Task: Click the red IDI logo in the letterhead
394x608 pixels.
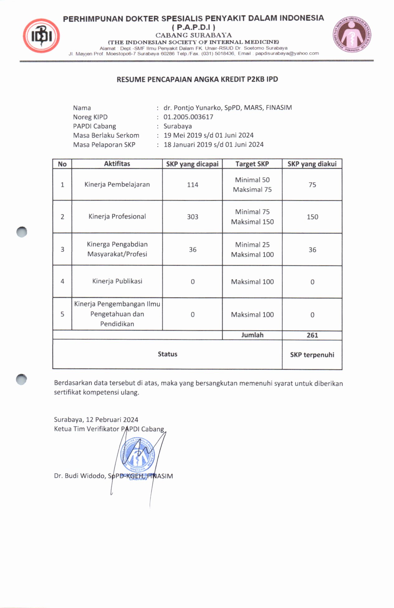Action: point(41,36)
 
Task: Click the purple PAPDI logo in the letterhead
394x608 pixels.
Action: point(352,34)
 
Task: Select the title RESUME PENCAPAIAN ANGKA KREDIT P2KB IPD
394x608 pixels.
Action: point(197,79)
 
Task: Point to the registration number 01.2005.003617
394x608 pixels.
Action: point(188,117)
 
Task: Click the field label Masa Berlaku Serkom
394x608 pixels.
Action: point(106,135)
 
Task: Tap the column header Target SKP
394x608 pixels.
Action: point(252,164)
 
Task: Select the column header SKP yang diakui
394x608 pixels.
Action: point(312,164)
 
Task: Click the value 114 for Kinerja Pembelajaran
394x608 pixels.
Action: point(192,185)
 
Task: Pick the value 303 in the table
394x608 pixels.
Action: point(192,217)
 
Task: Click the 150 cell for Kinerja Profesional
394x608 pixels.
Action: point(312,217)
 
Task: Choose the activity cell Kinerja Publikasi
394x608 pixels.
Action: point(117,281)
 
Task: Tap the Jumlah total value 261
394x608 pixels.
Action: point(312,335)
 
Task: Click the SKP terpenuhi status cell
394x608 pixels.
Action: point(312,355)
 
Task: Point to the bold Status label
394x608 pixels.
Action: point(167,354)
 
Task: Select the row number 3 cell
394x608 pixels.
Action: point(62,249)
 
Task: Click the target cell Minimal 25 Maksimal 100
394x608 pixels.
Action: point(252,249)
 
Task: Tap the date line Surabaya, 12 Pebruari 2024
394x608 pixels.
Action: point(96,420)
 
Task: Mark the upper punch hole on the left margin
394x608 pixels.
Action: point(22,232)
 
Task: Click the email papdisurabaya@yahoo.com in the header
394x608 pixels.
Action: point(287,53)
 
